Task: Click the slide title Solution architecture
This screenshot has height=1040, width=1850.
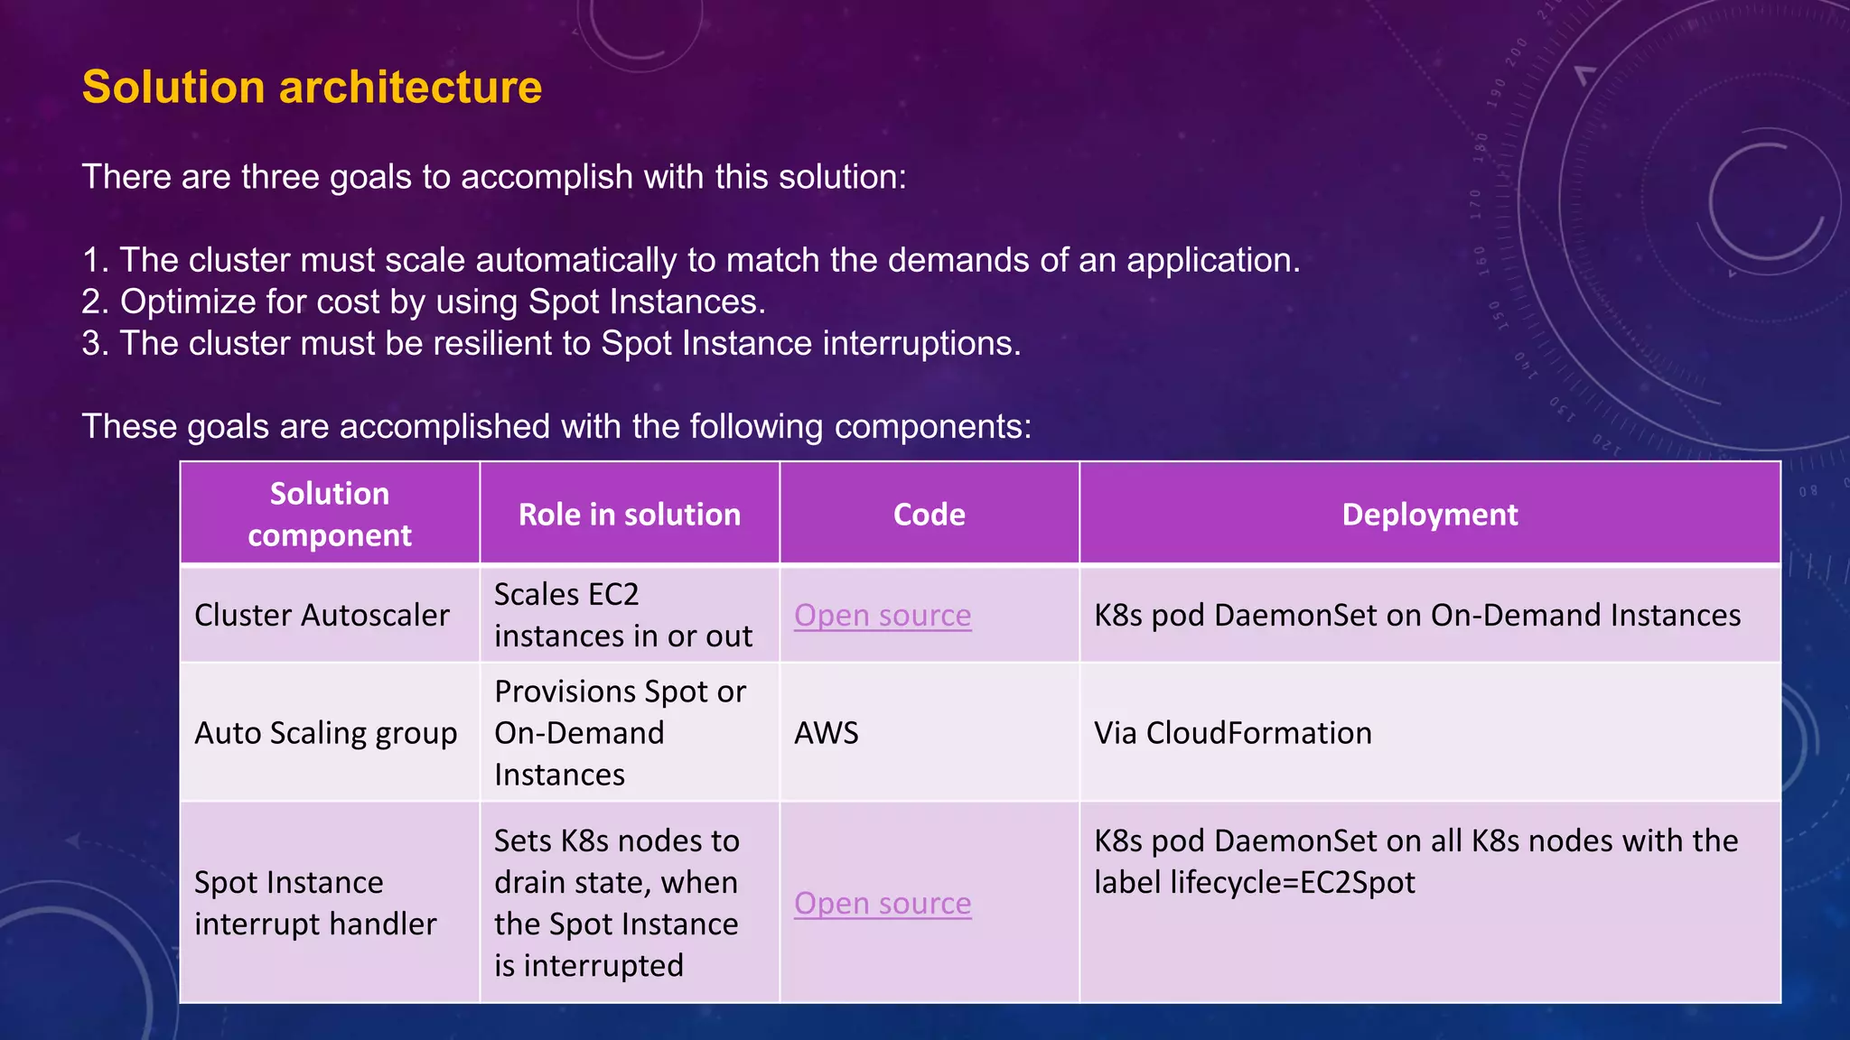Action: coord(312,88)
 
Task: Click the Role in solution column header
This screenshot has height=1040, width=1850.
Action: coord(630,515)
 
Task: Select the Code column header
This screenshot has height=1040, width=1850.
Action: coord(929,515)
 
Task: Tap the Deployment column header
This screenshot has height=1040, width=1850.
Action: coord(1429,515)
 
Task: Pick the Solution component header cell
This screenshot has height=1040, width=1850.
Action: coord(330,515)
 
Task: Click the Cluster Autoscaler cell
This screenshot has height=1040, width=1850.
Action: coord(322,616)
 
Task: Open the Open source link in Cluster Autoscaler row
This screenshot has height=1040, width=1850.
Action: coord(883,616)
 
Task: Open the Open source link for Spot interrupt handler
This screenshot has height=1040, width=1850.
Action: coord(883,904)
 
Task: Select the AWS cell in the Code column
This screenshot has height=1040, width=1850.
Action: coord(827,733)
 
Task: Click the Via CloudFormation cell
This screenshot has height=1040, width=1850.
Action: coord(1232,733)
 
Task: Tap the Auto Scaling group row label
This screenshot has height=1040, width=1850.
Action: coord(325,733)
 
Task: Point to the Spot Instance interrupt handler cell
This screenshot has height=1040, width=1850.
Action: coord(315,903)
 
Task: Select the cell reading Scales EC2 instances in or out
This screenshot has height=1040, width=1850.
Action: coord(623,616)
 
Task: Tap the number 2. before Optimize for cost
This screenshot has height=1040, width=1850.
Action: coord(95,302)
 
